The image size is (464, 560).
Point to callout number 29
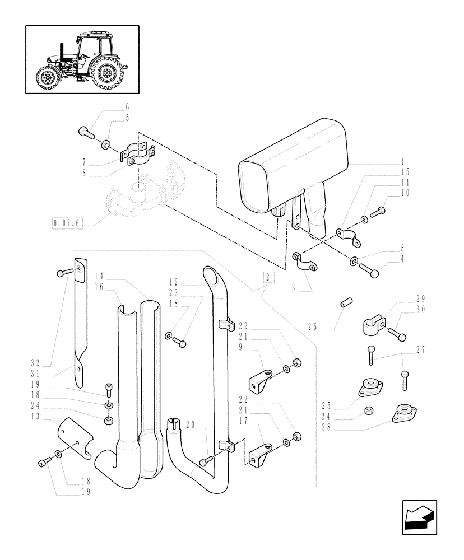point(420,299)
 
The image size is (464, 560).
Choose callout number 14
point(99,276)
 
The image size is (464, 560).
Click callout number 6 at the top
point(127,107)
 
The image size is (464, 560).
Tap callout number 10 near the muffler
point(420,193)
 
